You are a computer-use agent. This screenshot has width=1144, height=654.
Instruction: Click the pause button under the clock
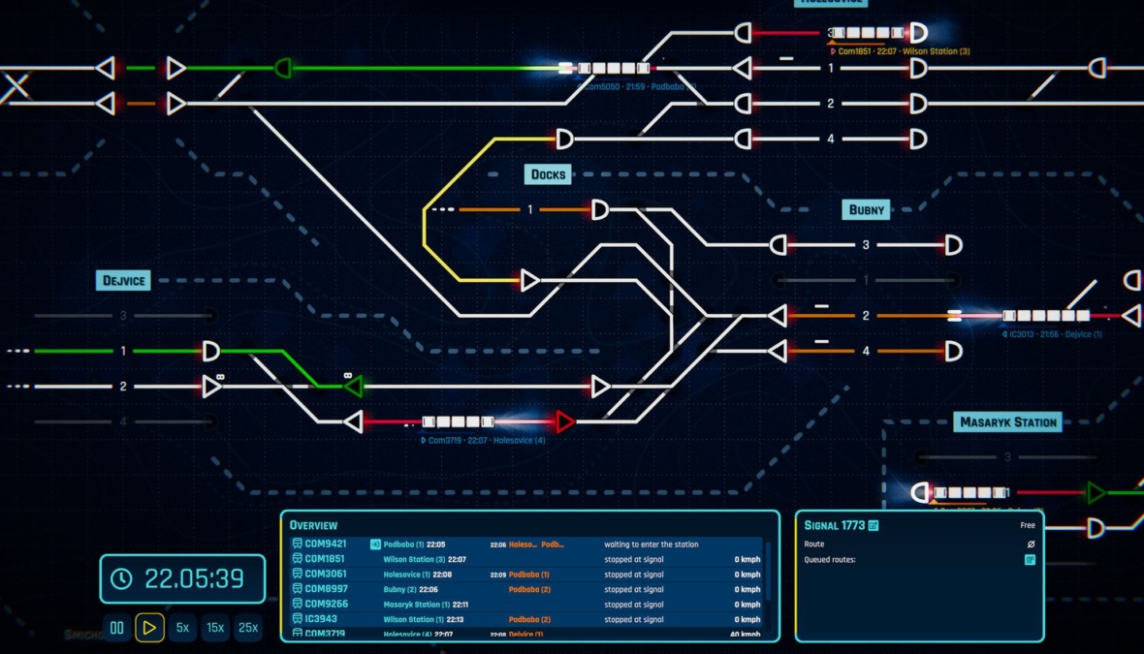pos(117,628)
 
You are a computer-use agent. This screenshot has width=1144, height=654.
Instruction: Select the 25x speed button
pos(248,628)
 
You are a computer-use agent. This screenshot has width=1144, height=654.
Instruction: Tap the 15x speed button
pos(214,628)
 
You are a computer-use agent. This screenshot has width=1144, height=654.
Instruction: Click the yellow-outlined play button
pos(149,628)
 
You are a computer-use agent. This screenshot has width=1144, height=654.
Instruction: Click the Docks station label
pos(549,174)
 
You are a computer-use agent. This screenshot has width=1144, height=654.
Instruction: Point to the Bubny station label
pos(867,209)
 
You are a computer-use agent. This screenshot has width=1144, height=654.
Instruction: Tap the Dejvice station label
pos(124,281)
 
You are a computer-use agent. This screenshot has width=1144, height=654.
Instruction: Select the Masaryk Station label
pos(1007,422)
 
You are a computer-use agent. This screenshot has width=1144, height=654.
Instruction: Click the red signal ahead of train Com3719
pos(565,421)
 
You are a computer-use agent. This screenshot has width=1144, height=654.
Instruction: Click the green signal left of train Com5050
pos(283,68)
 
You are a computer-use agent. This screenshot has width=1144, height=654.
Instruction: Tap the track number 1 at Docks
pos(530,210)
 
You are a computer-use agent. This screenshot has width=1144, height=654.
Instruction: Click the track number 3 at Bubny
pos(866,245)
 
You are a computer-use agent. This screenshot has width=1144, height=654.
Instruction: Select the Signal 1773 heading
pos(836,525)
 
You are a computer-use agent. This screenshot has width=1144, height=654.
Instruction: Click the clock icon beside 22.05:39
pos(121,578)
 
